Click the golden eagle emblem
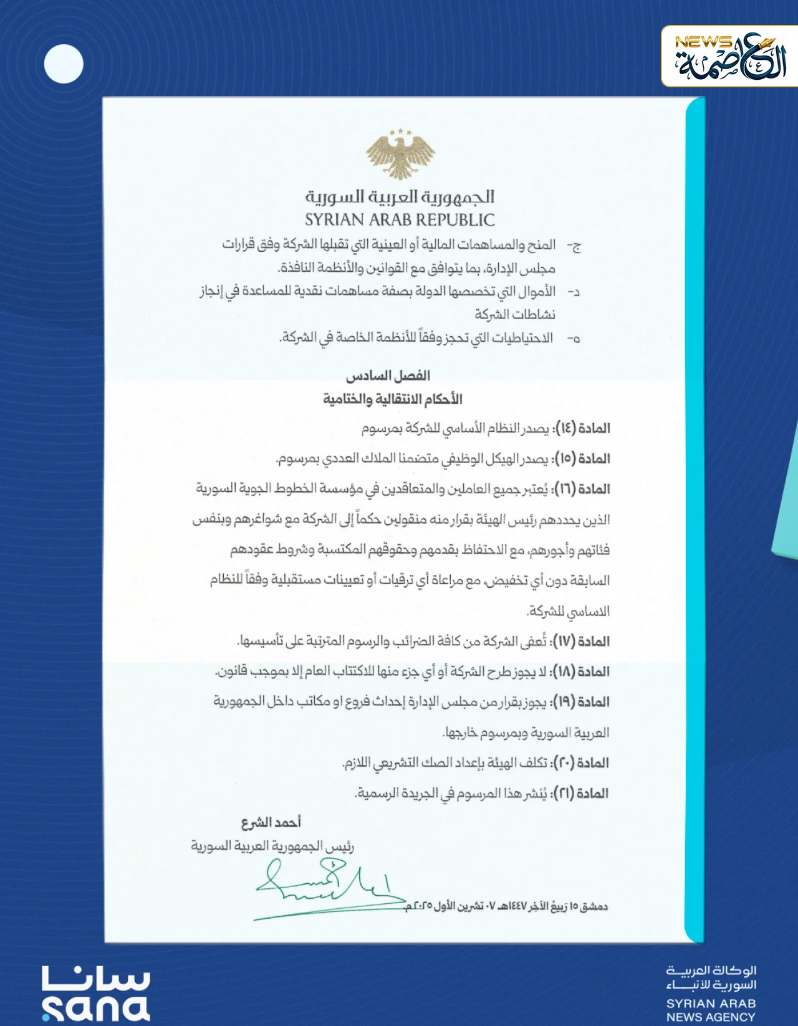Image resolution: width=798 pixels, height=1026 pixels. [x=400, y=154]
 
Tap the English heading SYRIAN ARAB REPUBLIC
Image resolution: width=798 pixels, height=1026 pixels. [x=400, y=220]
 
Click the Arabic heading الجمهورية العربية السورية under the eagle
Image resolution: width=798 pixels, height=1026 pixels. [x=400, y=197]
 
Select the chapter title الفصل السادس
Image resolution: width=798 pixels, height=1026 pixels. [x=388, y=376]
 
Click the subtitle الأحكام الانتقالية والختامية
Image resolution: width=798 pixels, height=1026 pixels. [x=392, y=399]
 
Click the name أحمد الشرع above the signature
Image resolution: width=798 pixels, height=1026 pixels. [x=271, y=823]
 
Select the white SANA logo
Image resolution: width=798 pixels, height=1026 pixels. [x=96, y=994]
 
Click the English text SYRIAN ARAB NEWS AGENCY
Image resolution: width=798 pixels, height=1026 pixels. [x=711, y=1010]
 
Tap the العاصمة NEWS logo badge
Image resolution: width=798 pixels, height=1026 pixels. [x=729, y=57]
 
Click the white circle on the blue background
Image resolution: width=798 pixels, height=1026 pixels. [x=64, y=64]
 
